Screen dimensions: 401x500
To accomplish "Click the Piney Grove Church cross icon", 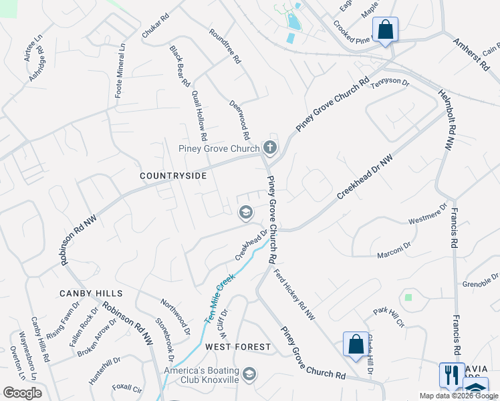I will pyautogui.click(x=270, y=147).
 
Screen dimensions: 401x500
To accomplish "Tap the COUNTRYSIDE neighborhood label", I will pyautogui.click(x=173, y=175).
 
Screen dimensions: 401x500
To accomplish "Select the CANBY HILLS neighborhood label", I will pyautogui.click(x=91, y=293).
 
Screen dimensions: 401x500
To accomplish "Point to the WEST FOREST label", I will pyautogui.click(x=238, y=347).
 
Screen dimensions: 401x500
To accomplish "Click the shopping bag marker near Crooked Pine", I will pyautogui.click(x=385, y=30).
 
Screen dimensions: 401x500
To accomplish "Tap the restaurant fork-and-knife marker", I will pyautogui.click(x=452, y=374).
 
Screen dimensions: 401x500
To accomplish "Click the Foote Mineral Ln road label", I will pyautogui.click(x=120, y=71).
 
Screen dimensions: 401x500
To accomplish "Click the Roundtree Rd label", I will pyautogui.click(x=225, y=45).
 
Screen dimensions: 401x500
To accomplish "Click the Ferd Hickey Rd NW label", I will pyautogui.click(x=294, y=293).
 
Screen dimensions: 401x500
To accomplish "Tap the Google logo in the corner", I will pyautogui.click(x=23, y=393).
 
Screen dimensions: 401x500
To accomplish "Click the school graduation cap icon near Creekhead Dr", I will pyautogui.click(x=245, y=213).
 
